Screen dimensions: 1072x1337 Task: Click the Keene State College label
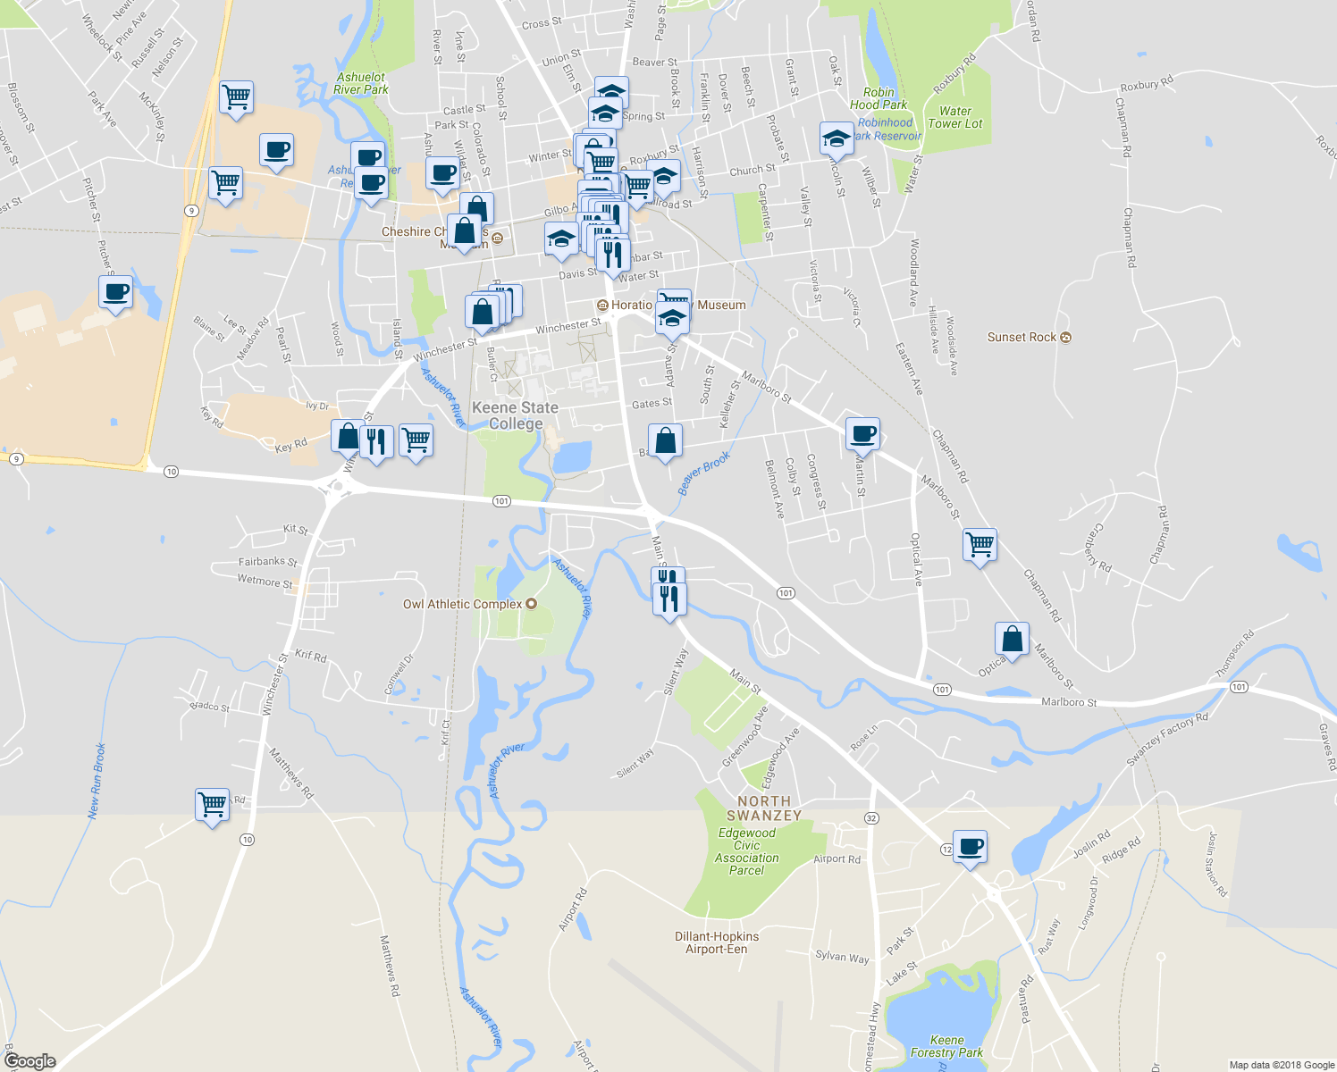(515, 415)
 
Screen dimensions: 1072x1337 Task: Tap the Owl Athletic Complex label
(462, 605)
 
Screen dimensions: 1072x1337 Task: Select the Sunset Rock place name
(1022, 338)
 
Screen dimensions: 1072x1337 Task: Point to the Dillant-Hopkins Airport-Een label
(717, 942)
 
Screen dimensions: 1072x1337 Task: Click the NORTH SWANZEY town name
(764, 808)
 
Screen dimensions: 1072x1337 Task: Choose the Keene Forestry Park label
(946, 1046)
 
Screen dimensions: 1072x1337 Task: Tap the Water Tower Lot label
(955, 118)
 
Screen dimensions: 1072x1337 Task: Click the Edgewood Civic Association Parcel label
(747, 851)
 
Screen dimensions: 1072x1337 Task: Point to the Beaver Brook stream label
(704, 473)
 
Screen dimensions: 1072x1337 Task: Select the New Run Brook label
(97, 781)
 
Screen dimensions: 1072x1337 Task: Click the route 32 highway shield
(871, 818)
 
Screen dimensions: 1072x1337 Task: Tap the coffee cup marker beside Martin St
(862, 434)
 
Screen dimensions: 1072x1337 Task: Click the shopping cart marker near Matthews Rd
(213, 805)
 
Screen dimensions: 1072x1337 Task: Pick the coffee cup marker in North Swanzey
(970, 846)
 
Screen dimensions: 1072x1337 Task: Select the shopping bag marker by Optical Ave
(1012, 639)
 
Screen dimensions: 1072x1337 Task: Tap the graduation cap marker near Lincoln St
(837, 138)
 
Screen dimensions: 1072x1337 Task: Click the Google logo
(30, 1061)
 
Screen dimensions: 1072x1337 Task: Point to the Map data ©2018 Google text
(1282, 1065)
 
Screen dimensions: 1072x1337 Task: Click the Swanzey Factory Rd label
(1167, 739)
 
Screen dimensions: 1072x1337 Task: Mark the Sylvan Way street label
(842, 957)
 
